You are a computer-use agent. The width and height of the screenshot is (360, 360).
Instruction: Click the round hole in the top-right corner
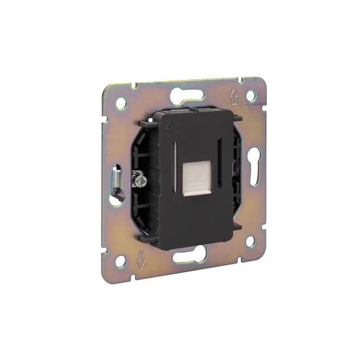(250, 96)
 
